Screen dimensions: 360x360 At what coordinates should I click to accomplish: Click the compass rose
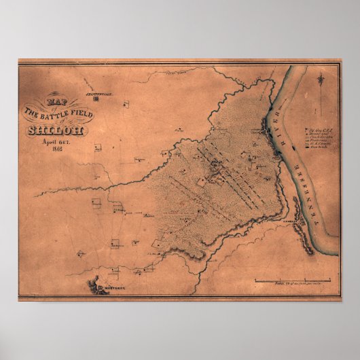point(320,82)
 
